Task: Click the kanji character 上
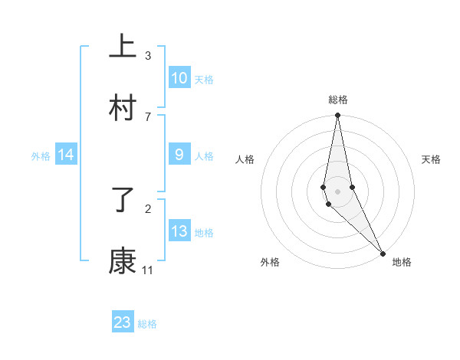123,47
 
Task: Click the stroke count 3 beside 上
148,56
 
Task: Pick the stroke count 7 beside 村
148,116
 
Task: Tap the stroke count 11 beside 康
148,270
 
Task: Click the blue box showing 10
179,78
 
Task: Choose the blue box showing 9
179,155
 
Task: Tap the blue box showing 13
179,231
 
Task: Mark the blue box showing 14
66,155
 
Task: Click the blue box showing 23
123,322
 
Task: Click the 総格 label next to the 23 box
147,324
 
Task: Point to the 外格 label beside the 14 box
41,156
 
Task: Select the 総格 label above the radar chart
337,100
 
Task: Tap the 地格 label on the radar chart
402,262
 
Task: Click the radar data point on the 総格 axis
337,116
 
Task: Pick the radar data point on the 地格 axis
383,254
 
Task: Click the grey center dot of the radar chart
337,191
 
